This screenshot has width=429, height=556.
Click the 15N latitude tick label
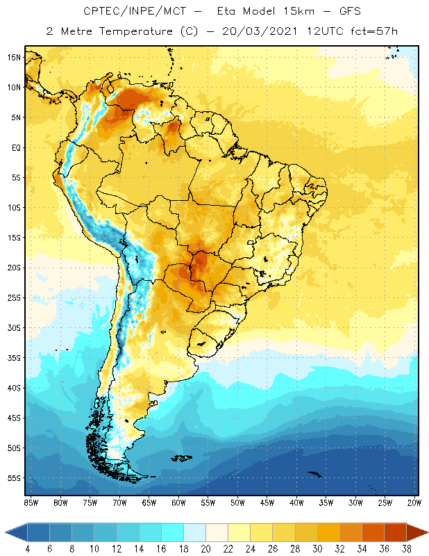coord(15,57)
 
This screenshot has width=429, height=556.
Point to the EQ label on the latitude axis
coord(15,147)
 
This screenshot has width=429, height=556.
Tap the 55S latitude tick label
coord(15,478)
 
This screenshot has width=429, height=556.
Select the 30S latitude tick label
coord(15,327)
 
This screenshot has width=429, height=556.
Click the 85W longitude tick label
coord(31,502)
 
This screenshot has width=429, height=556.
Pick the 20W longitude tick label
coord(413,502)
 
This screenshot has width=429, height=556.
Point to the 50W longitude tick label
coord(237,502)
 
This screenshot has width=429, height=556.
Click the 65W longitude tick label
coord(149,502)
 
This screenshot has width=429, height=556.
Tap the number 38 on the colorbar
coord(406,548)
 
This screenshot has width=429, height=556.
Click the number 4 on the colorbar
coord(28,548)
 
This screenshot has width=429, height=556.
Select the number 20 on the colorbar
coord(205,548)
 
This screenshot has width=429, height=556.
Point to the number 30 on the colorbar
coord(317,548)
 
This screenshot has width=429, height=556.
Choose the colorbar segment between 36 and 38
coord(395,532)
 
